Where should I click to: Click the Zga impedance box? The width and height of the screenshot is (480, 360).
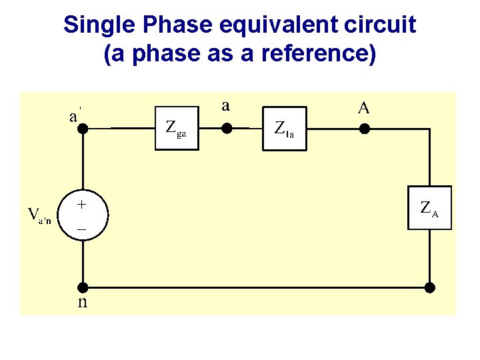[x=178, y=127]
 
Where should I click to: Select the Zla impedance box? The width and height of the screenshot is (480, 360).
[x=287, y=127]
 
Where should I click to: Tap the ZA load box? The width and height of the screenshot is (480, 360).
[x=430, y=209]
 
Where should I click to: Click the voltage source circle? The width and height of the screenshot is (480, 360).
[x=82, y=213]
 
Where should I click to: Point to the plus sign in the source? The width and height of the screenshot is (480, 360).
[x=80, y=203]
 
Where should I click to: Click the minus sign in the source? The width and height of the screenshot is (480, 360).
[x=81, y=227]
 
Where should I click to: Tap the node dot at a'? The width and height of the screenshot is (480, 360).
[x=83, y=127]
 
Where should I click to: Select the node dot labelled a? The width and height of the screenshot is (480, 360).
[x=226, y=127]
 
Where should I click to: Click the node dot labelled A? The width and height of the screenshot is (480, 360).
[x=364, y=127]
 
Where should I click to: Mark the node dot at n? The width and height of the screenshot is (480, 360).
[x=83, y=287]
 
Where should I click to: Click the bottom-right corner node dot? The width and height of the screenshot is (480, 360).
[x=430, y=287]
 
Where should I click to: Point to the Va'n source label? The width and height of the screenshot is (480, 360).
[x=39, y=215]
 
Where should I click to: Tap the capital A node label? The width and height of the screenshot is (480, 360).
[x=363, y=108]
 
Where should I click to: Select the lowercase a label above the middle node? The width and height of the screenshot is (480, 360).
[x=226, y=105]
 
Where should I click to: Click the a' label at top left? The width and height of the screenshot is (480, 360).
[x=75, y=115]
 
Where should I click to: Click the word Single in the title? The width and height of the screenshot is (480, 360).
[x=94, y=25]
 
